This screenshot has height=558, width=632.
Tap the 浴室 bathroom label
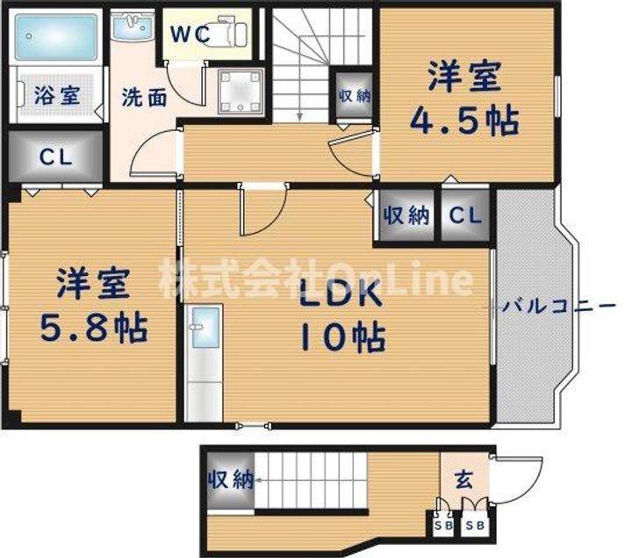pos(57,95)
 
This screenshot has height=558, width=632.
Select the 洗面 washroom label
pos(143,97)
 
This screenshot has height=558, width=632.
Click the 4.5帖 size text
pos(464,120)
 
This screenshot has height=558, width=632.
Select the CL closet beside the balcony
pos(465,215)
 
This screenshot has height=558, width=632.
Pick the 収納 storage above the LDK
pos(406,215)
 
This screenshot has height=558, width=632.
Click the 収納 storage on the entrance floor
pos(231,480)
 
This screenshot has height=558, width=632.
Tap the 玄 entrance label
pos(463,481)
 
